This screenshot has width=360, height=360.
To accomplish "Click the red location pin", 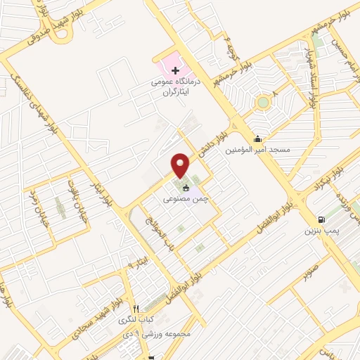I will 181,165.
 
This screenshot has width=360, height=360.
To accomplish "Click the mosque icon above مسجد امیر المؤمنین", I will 258,139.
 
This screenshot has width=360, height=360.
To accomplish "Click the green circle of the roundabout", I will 263,103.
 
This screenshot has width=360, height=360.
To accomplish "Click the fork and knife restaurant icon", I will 136,308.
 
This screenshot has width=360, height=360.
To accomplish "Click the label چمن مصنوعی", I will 185,200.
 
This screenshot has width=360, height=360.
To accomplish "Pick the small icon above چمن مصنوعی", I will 186,188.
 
